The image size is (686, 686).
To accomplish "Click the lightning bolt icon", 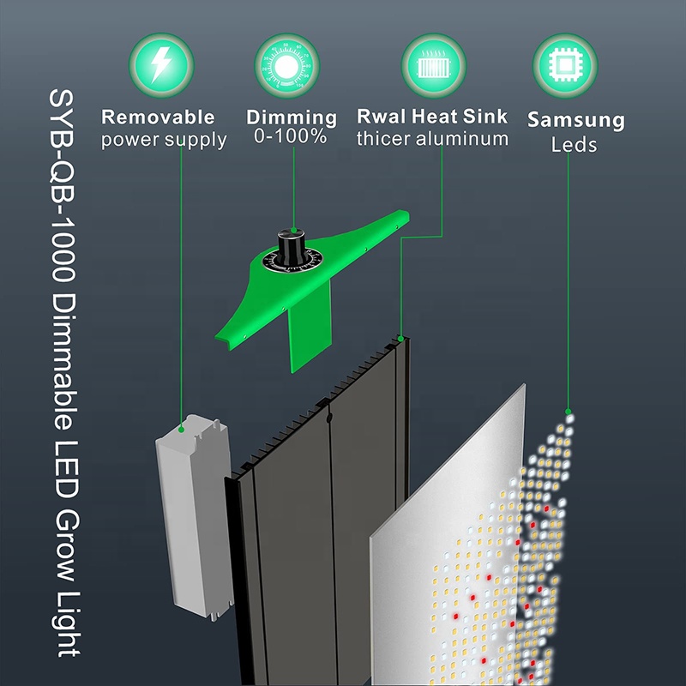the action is click(x=161, y=65).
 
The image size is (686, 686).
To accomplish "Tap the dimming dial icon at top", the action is click(x=286, y=66).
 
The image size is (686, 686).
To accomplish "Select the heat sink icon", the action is click(x=434, y=65).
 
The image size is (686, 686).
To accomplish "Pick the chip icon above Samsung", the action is click(x=565, y=66).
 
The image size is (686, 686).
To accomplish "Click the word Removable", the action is click(x=158, y=117).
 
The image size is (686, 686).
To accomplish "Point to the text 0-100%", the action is click(x=291, y=136).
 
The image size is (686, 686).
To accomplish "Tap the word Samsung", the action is click(x=576, y=120).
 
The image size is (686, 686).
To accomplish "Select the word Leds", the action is click(x=574, y=145).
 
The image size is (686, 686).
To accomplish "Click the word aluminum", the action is click(x=462, y=139).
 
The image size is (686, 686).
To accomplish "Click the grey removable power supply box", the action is click(x=195, y=517).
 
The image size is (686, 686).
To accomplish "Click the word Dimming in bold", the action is click(x=292, y=117).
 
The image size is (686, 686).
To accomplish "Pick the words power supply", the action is click(x=164, y=140).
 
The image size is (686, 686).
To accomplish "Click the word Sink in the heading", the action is click(x=485, y=117).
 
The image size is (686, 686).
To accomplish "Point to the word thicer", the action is click(x=383, y=139).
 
